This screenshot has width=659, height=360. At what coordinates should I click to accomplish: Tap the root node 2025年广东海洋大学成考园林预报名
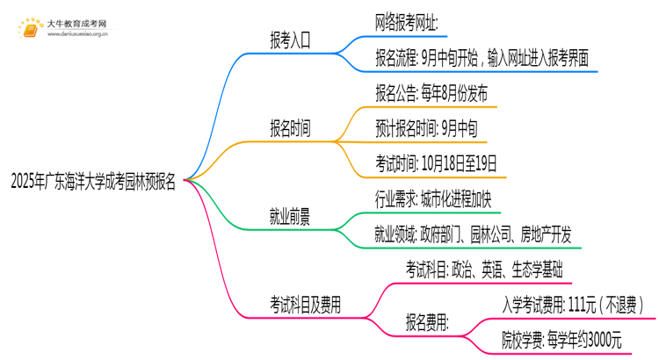(93, 183)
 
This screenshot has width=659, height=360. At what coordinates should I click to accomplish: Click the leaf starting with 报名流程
(482, 58)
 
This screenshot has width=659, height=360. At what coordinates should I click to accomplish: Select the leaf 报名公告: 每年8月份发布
(432, 92)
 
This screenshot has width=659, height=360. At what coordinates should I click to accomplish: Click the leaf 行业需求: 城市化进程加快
(432, 198)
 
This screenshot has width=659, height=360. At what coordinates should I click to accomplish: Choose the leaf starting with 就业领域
(473, 233)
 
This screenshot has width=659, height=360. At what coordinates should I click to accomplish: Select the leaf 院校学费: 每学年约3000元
(562, 340)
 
